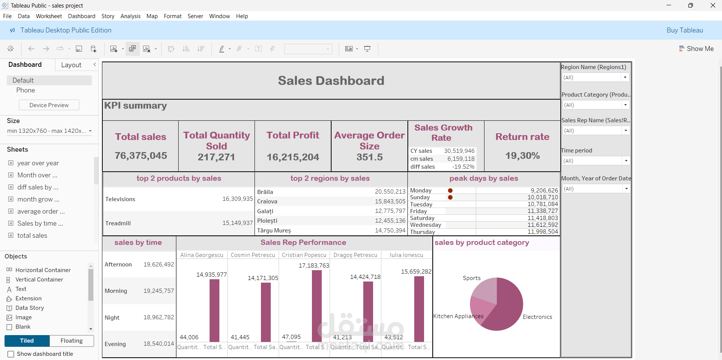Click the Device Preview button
pos(49,105)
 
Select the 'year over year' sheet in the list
pos(38,163)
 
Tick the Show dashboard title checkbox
pos(11,354)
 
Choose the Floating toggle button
pos(71,341)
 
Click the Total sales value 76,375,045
pos(141,155)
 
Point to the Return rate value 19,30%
pos(522,155)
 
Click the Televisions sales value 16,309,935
pos(237,199)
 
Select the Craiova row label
pos(267,202)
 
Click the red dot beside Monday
pos(450,191)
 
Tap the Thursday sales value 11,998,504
pos(543,232)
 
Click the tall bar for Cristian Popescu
pos(316,306)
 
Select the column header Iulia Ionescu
pos(406,255)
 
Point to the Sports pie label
pos(472,278)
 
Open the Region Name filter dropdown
pos(625,77)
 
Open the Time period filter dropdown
pos(626,161)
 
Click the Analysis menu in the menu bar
pos(130,16)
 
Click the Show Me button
pos(696,49)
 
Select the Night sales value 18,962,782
pos(159,317)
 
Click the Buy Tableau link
pos(684,30)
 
